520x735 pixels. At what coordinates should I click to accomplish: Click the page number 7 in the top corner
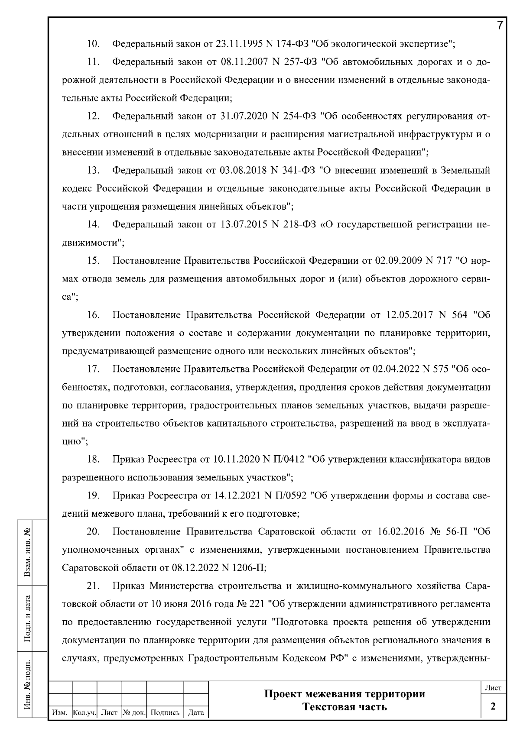pos(500,25)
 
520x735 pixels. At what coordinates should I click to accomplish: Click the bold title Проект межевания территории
pos(344,694)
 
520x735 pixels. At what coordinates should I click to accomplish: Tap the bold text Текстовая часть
pos(344,707)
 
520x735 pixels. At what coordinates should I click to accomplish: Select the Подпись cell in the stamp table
pos(165,712)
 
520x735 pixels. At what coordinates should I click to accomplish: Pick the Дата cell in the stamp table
pos(196,712)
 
